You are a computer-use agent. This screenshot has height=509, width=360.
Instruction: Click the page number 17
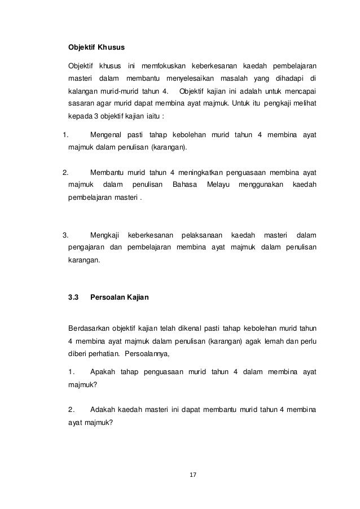tap(192, 475)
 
